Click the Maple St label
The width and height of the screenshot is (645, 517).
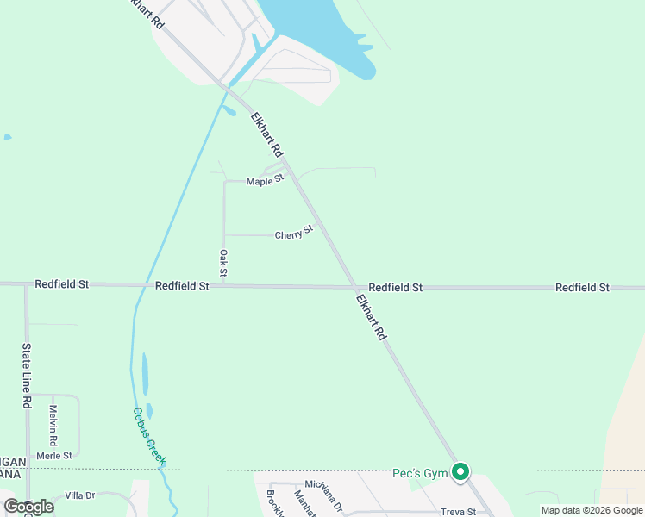pyautogui.click(x=265, y=181)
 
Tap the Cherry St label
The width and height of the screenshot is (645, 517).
pyautogui.click(x=293, y=234)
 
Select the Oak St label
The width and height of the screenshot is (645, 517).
pyautogui.click(x=223, y=263)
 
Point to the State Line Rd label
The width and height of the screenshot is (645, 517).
pyautogui.click(x=27, y=375)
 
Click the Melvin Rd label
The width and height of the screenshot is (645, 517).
pyautogui.click(x=53, y=425)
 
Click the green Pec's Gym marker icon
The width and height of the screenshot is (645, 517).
pyautogui.click(x=461, y=472)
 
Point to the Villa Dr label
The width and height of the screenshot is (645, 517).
pyautogui.click(x=79, y=496)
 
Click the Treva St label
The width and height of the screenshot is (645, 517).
pyautogui.click(x=459, y=512)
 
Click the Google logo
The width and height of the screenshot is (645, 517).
pyautogui.click(x=28, y=507)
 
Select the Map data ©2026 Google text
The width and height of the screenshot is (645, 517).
pyautogui.click(x=592, y=510)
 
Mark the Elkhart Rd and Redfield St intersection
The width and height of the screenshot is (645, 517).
pyautogui.click(x=354, y=286)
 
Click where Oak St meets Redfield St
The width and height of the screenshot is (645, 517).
pyautogui.click(x=223, y=285)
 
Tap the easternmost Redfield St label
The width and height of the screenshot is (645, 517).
pyautogui.click(x=582, y=287)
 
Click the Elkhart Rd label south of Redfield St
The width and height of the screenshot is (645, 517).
pyautogui.click(x=371, y=317)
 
